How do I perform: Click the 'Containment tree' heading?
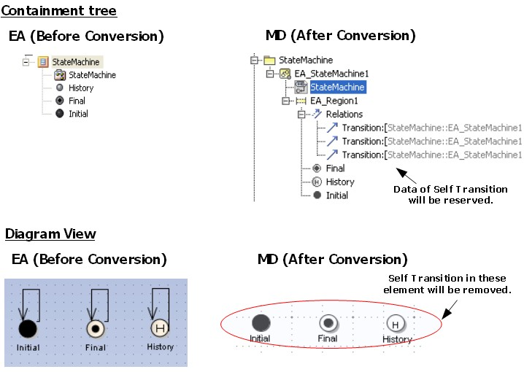point(59,11)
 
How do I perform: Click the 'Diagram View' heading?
point(50,234)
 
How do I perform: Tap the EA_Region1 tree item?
point(334,101)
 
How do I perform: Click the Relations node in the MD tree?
point(344,115)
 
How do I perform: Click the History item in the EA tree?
point(81,88)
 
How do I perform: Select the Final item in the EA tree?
point(77,101)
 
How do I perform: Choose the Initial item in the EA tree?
point(78,114)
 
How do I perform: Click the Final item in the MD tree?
point(335,168)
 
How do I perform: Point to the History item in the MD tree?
point(339,182)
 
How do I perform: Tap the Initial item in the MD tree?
point(336,195)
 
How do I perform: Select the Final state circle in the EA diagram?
point(95,329)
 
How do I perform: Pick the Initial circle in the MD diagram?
point(261,322)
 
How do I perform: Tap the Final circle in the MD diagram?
point(328,323)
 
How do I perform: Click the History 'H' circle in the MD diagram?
point(396,324)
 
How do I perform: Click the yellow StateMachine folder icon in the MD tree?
point(269,60)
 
